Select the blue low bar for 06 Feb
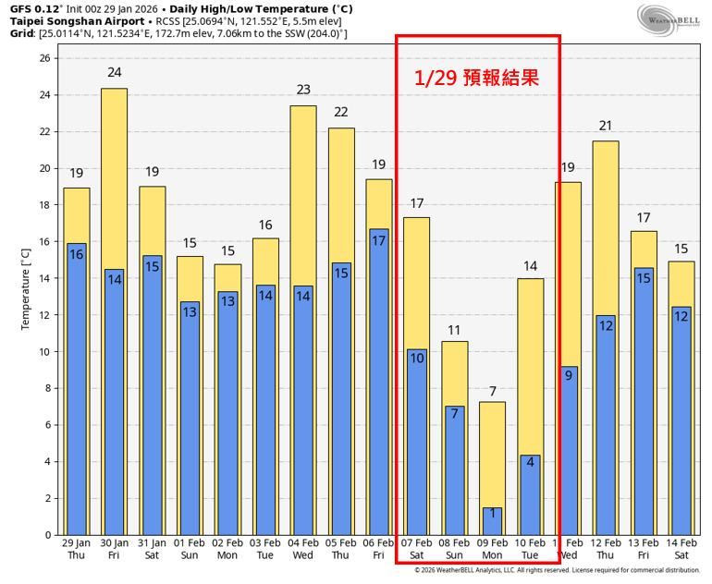tap(379, 382)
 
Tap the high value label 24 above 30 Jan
tap(115, 72)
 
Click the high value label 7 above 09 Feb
tap(493, 391)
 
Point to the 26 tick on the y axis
tap(48, 58)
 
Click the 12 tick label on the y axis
tap(48, 315)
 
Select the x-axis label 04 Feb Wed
tap(303, 550)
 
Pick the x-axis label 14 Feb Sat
tap(681, 550)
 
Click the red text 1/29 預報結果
tap(476, 78)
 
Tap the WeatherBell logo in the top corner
tap(669, 19)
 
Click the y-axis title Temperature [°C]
tap(26, 296)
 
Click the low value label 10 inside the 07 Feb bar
tap(417, 358)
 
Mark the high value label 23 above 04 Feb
tap(303, 90)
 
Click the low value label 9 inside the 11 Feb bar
tap(569, 374)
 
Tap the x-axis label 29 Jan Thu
tap(77, 550)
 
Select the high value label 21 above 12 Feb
tap(606, 126)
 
